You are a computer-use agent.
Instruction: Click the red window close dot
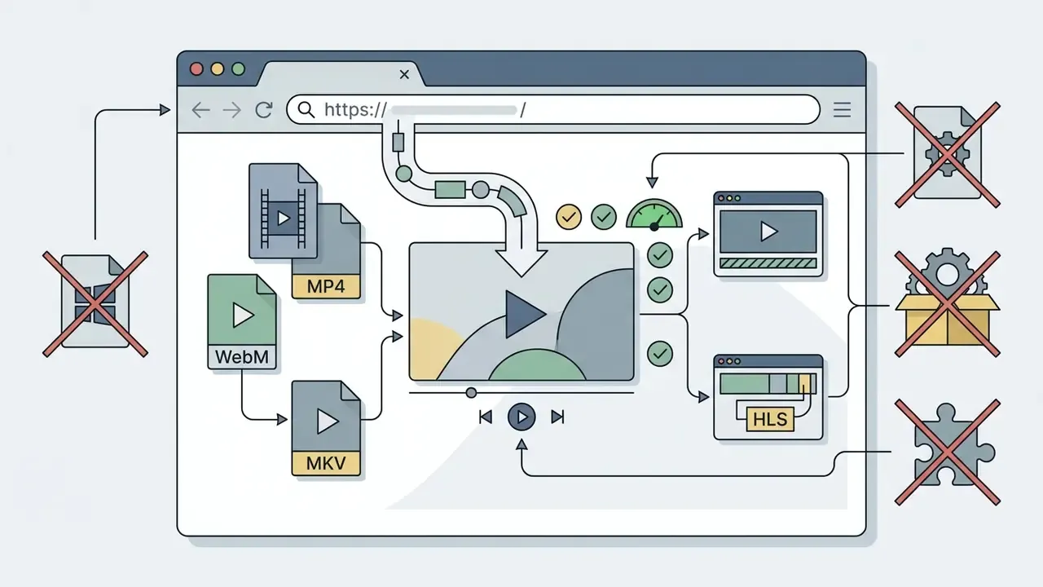pos(196,69)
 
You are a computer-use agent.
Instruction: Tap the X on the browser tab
pos(404,74)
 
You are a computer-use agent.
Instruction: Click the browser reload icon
pos(263,110)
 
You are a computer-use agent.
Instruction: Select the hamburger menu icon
pos(842,110)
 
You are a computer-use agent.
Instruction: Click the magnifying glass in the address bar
pos(306,109)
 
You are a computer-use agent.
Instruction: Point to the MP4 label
pos(326,286)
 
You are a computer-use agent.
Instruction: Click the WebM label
pos(242,357)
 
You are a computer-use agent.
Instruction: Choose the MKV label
pos(326,463)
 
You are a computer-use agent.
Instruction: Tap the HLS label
pos(770,419)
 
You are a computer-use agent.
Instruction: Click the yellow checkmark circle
pos(569,217)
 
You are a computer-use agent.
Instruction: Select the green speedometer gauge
pos(654,214)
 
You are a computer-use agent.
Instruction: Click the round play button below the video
pos(521,417)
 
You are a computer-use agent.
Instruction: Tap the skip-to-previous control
pos(486,417)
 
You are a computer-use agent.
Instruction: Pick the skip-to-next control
pos(557,417)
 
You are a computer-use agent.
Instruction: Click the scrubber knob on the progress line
pos(471,393)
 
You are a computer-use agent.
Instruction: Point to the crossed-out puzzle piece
pos(948,452)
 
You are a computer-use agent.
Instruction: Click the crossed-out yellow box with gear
pos(948,304)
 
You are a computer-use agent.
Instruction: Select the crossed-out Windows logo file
pos(95,304)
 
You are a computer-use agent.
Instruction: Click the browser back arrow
pos(200,110)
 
